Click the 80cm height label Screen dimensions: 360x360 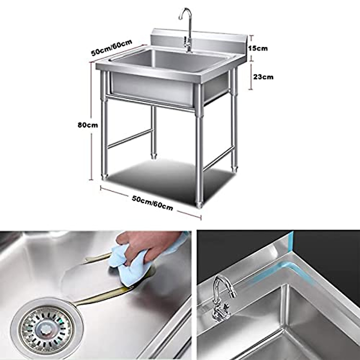tap(88, 125)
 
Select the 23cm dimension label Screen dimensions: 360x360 tap(263, 77)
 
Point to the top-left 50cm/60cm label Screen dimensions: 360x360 tap(112, 48)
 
